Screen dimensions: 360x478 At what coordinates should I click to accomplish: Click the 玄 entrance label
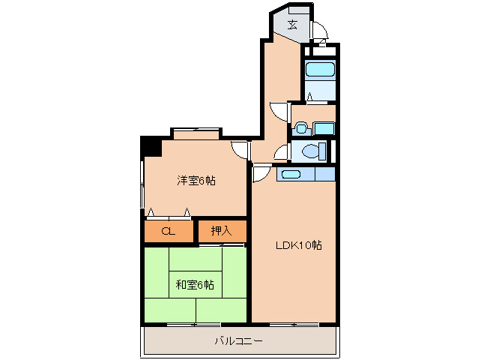[292, 25]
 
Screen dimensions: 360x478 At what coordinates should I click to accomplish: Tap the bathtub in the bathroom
[320, 71]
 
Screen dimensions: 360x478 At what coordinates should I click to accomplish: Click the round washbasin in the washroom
[302, 128]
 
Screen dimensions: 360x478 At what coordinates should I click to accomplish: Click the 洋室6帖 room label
[196, 180]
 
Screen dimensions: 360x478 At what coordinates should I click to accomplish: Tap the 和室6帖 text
[195, 284]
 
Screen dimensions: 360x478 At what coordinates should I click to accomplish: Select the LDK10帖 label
[299, 245]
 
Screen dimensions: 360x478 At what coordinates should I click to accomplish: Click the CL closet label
[168, 231]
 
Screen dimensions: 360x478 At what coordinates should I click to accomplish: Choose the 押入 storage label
[221, 231]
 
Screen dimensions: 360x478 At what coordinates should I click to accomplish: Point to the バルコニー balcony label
[238, 340]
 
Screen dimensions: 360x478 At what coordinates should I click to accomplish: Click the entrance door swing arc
[320, 30]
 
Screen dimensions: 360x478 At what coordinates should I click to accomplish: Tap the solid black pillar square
[151, 145]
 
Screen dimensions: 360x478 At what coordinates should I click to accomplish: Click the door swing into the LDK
[260, 174]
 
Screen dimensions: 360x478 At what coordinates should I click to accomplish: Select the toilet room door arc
[281, 154]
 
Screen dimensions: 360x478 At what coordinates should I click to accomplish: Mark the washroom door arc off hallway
[279, 111]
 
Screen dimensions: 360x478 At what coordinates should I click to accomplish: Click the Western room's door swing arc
[240, 148]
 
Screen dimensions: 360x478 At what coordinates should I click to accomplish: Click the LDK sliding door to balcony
[294, 324]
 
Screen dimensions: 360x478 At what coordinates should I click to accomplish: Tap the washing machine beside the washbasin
[324, 127]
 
